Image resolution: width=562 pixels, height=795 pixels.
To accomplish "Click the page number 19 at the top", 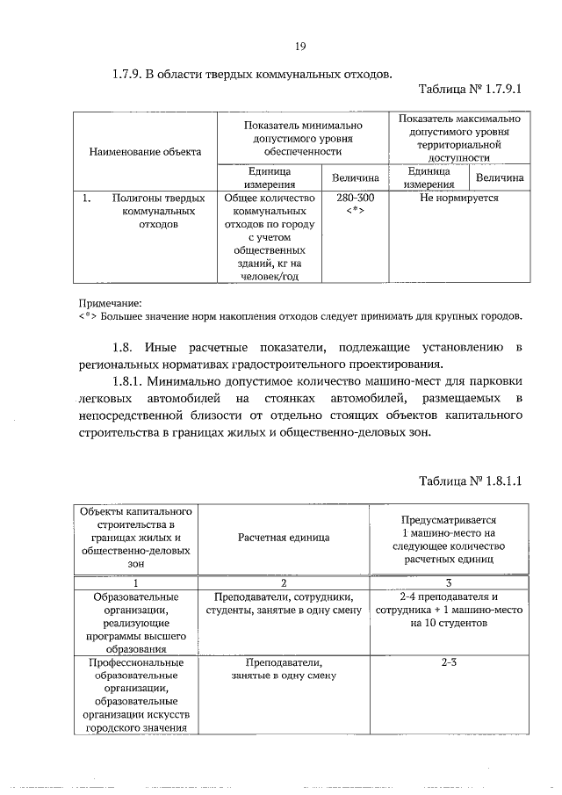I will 299,47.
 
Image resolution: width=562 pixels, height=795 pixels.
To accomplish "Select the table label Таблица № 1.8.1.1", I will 471,481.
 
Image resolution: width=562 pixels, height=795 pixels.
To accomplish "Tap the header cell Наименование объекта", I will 145,151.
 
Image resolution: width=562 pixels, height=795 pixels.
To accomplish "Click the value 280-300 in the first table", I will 355,198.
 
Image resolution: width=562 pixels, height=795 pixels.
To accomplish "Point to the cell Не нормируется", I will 458,198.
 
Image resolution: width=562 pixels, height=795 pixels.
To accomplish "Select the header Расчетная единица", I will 285,536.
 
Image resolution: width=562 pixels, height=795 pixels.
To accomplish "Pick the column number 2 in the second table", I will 285,582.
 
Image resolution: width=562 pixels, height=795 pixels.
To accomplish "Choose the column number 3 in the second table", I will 449,582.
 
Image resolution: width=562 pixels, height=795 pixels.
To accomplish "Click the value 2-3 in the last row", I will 449,662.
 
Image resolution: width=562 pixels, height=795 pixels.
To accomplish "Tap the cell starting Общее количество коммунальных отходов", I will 274,236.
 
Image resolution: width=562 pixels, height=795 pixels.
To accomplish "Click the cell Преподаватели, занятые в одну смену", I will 285,669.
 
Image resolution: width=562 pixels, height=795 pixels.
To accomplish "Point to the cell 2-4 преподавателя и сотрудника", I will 449,609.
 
